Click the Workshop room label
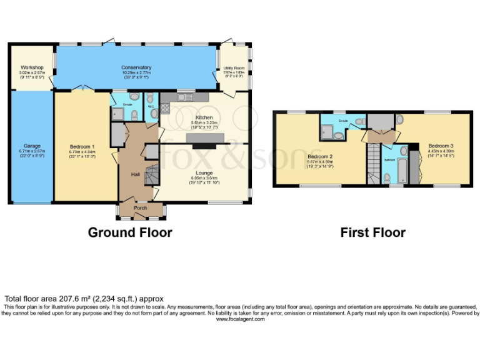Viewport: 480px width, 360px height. click(32, 67)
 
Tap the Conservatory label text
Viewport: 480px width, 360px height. click(136, 67)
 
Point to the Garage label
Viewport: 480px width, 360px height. click(32, 146)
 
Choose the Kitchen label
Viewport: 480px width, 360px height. click(204, 117)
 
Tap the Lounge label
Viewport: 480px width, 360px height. click(204, 173)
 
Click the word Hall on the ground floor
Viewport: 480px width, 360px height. click(135, 174)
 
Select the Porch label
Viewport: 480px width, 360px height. click(141, 207)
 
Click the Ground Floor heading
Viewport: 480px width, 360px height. click(129, 233)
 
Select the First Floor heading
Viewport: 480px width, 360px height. click(372, 233)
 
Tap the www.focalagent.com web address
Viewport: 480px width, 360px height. click(240, 319)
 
